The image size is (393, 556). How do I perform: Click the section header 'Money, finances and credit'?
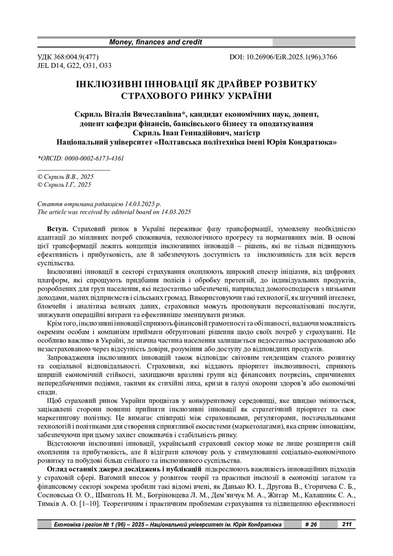click(156, 42)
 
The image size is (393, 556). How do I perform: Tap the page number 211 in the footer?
click(347, 525)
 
